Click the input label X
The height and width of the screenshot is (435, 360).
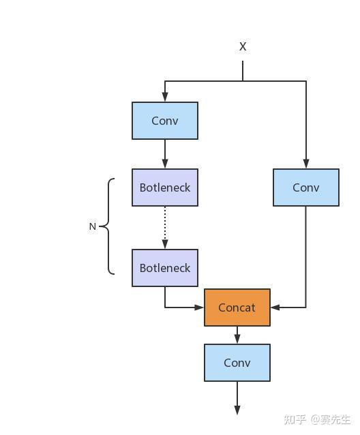pos(243,46)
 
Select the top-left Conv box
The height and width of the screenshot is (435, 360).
pos(165,121)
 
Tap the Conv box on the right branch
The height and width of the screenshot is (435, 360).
pos(306,187)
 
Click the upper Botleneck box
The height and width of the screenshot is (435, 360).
pos(165,187)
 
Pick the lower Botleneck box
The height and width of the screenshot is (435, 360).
pos(165,268)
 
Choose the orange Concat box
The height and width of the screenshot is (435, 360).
pos(237,307)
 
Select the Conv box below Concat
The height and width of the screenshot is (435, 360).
pos(237,363)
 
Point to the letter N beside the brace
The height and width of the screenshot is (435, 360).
pos(93,226)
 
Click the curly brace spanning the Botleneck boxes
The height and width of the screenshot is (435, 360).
pos(108,226)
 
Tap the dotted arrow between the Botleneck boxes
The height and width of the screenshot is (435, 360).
pos(165,228)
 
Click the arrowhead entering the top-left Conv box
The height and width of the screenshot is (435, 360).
pos(165,97)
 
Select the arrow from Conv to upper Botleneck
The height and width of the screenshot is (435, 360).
pos(165,154)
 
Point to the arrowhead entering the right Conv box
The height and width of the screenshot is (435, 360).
pos(306,164)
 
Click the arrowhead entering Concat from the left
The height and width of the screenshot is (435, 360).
pos(199,307)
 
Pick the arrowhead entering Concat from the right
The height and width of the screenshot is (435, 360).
pos(275,307)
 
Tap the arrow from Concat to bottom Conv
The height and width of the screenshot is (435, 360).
pos(237,335)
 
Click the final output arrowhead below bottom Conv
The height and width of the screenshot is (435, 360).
pos(237,410)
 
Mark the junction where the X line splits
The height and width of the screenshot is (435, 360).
pos(243,81)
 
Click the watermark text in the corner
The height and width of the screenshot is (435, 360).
pos(317,419)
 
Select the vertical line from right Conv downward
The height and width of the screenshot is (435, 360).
pos(306,257)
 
